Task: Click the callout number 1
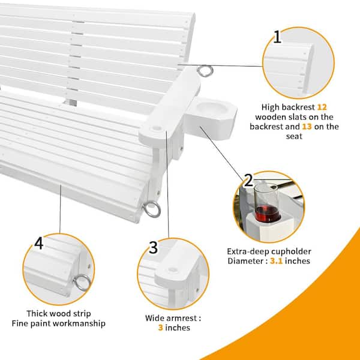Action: click(277, 37)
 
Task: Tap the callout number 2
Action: click(248, 180)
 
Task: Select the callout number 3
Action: click(153, 247)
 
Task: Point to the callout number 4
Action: click(39, 244)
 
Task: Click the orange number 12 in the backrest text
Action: click(322, 107)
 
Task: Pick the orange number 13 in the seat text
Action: click(307, 127)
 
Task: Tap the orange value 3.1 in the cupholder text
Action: click(276, 261)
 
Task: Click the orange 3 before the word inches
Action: click(160, 328)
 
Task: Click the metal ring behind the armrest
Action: click(205, 71)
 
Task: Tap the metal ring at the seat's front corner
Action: click(152, 209)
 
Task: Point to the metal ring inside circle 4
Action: click(82, 283)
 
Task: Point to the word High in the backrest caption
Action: click(271, 107)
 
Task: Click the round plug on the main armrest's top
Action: click(157, 128)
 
